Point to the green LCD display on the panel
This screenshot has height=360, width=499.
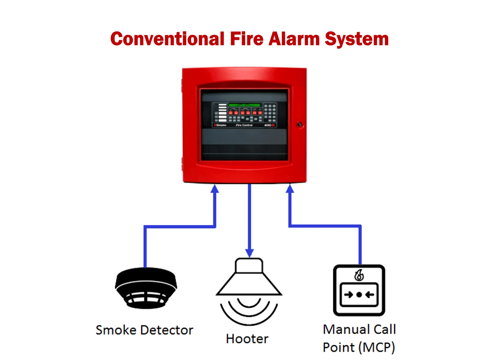(x=244, y=105)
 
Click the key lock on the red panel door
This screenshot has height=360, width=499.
(x=300, y=124)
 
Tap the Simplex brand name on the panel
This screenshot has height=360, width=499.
(x=221, y=125)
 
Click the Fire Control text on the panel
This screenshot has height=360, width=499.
(x=244, y=125)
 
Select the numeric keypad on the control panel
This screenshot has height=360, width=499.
(x=270, y=113)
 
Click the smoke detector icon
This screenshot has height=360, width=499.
(x=146, y=288)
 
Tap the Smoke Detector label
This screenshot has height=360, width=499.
(x=144, y=330)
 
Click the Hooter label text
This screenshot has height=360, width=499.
(x=247, y=339)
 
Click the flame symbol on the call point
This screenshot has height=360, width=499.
(x=359, y=275)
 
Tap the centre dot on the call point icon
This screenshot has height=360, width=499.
(x=359, y=295)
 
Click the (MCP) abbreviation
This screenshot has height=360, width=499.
(x=377, y=348)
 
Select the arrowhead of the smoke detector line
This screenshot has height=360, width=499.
(x=215, y=189)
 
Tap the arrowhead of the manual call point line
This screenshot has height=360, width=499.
(x=290, y=189)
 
